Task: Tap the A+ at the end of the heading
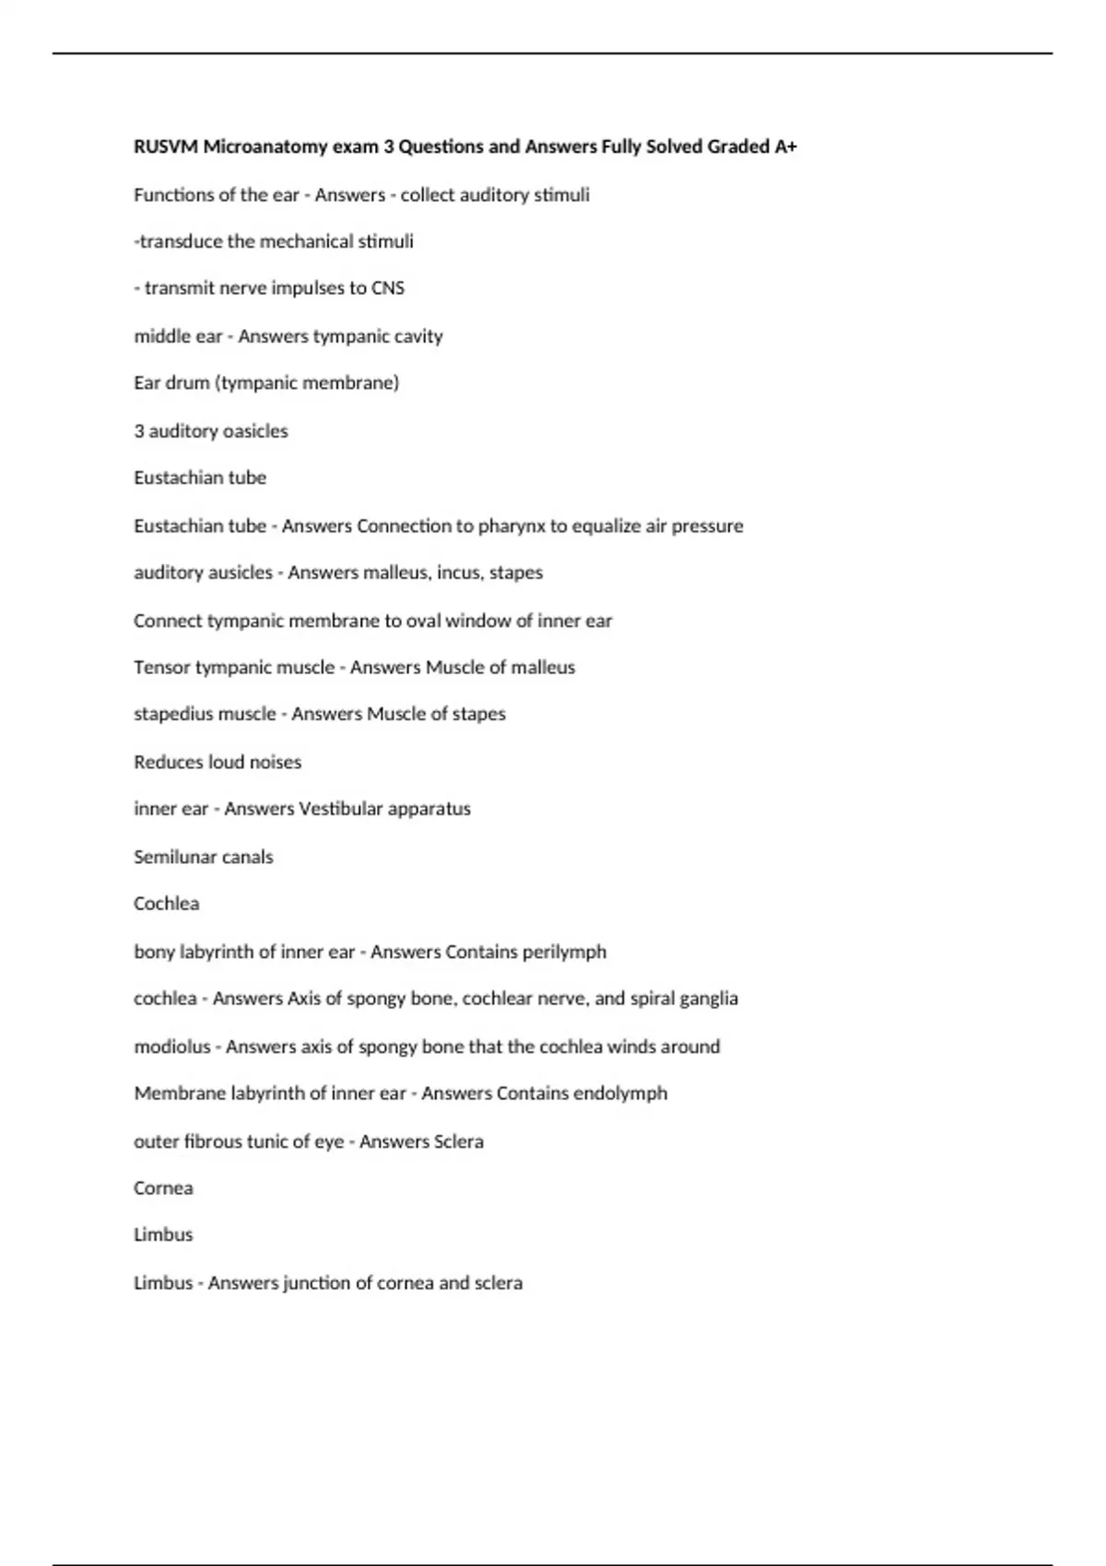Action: point(786,146)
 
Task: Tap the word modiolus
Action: point(171,1046)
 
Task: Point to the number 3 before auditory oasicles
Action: point(139,431)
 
